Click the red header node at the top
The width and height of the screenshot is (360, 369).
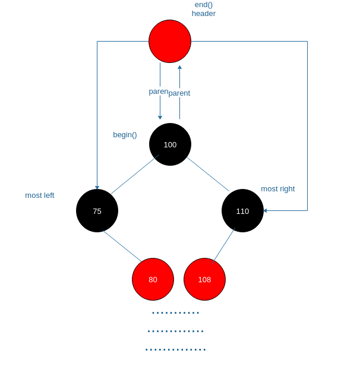(x=170, y=41)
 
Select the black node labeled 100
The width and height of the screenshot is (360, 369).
(x=170, y=144)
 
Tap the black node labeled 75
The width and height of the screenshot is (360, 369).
(x=97, y=210)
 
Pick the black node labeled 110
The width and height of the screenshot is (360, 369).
(x=242, y=210)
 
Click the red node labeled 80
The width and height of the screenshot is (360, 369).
(x=153, y=279)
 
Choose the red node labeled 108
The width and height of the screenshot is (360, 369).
(x=204, y=279)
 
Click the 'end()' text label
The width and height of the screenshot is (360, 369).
(x=204, y=5)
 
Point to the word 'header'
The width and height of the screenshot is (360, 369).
(x=204, y=14)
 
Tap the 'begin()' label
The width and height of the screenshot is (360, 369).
(x=125, y=134)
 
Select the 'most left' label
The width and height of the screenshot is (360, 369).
(x=39, y=195)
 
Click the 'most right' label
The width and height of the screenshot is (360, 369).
(x=277, y=188)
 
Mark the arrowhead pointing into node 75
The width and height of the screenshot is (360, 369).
(x=97, y=188)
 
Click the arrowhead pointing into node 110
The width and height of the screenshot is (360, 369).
(x=265, y=210)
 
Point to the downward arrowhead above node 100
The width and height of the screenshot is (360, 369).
(x=160, y=118)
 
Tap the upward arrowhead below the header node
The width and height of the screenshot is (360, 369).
(x=179, y=67)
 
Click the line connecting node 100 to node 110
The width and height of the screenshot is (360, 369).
(x=208, y=174)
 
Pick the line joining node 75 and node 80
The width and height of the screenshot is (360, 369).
(x=122, y=245)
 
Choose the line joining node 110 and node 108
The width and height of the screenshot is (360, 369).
(x=224, y=245)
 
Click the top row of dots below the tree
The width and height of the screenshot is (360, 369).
(x=176, y=313)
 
